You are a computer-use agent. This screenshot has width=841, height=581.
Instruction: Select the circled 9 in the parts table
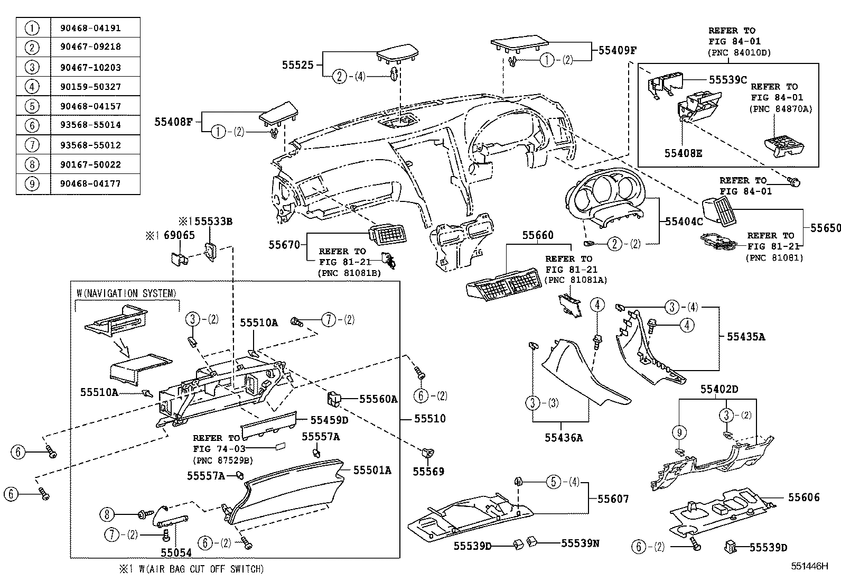tap(32, 184)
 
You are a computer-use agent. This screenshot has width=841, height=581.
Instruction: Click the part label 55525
tap(297, 65)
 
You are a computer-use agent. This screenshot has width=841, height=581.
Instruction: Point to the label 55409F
tap(617, 51)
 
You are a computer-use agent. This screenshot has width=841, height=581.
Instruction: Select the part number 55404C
tap(684, 222)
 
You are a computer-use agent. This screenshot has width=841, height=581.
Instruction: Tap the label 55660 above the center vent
tap(538, 235)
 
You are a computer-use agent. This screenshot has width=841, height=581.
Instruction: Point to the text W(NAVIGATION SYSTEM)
tap(126, 293)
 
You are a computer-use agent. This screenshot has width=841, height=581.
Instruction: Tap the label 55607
tap(613, 499)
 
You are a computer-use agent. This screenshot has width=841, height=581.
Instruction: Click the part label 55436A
tap(563, 438)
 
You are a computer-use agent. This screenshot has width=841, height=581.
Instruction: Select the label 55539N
tap(580, 543)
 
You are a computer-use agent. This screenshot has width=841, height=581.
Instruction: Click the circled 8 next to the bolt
tap(107, 513)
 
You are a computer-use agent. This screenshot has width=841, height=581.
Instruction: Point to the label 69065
tap(178, 236)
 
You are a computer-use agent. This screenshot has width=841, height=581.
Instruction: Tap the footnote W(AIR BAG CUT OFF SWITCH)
tap(197, 569)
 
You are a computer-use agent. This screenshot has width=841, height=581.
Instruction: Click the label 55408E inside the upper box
tap(683, 153)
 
